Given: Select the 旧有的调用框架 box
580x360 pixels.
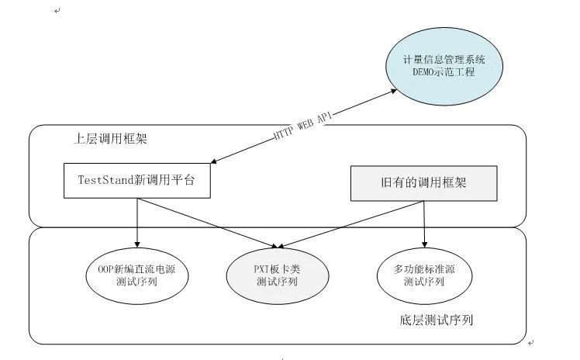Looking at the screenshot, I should click(423, 183).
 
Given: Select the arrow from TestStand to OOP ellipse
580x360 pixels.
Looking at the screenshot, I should click(136, 220).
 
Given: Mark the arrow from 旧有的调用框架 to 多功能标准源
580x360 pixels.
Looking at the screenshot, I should click(424, 222).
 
